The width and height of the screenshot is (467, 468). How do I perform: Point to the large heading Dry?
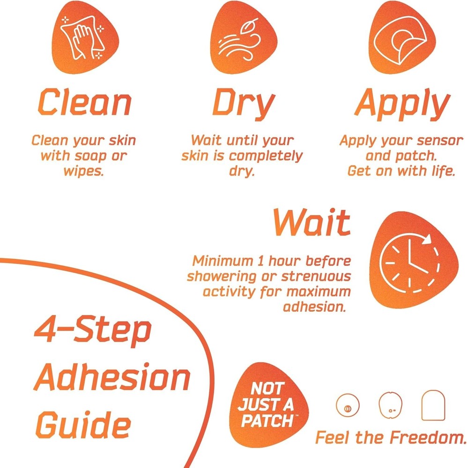pos(242,104)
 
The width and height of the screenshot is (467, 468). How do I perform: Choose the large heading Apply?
pos(402,104)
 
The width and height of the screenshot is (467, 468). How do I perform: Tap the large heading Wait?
pos(311,222)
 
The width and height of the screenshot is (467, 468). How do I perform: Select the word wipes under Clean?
pos(83,170)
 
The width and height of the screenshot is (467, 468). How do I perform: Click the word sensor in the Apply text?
pos(430,140)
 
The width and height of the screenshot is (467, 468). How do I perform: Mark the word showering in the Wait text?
pos(222,276)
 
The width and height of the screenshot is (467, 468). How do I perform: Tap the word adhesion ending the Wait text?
pos(317,307)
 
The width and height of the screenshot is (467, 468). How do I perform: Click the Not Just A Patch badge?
pos(268,404)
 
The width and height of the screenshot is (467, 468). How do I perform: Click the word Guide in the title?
pos(83,425)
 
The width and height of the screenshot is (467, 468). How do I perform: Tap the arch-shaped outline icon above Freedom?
pos(432,405)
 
